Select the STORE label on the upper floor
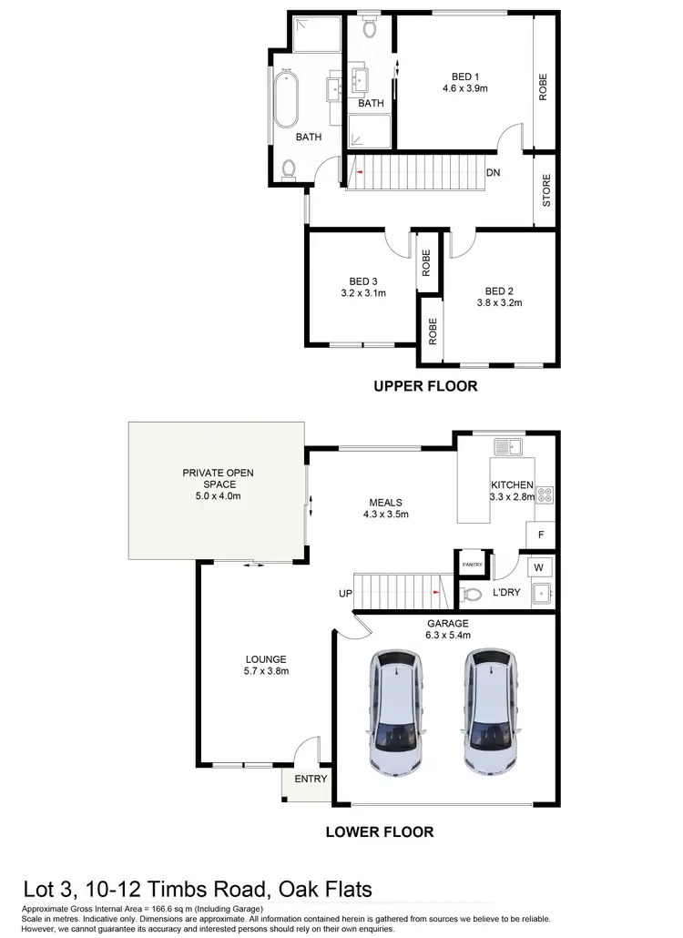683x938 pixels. [546, 191]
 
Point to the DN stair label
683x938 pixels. [493, 172]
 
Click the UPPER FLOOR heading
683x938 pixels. [425, 386]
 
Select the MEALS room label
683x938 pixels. [385, 502]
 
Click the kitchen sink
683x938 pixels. [506, 447]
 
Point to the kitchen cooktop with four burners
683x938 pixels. [545, 495]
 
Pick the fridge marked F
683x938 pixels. [541, 535]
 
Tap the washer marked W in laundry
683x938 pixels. [539, 568]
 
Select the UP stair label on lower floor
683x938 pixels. [345, 594]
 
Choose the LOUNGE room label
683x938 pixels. [266, 659]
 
